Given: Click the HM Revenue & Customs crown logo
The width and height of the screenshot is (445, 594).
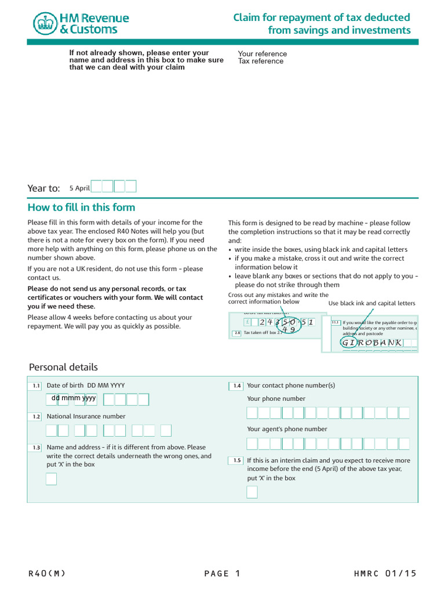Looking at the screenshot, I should (x=44, y=23).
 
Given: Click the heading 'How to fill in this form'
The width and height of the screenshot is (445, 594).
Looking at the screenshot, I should (x=81, y=208).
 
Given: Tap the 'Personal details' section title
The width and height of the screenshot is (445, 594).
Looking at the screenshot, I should (x=63, y=367).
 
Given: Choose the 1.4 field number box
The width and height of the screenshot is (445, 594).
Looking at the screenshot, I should (x=236, y=386).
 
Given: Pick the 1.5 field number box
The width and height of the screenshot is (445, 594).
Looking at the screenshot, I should (x=236, y=461).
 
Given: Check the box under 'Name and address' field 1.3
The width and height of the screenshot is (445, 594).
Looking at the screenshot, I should (x=52, y=479).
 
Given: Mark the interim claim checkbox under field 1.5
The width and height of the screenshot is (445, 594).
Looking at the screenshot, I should (x=252, y=492).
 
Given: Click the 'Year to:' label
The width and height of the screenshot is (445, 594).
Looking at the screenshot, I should (x=44, y=188).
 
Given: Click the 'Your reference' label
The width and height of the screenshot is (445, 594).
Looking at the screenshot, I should (x=262, y=54).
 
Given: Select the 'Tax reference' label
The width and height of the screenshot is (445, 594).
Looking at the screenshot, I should (x=261, y=61).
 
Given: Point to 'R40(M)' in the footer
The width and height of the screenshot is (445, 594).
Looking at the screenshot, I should (x=47, y=574).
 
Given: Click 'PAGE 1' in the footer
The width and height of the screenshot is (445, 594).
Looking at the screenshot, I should (x=222, y=574).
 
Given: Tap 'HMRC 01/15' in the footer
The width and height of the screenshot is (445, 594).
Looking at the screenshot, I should (x=385, y=574).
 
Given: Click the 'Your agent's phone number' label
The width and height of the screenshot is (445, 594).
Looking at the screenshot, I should (x=287, y=429).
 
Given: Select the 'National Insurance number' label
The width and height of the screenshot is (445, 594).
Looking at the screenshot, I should (x=86, y=416).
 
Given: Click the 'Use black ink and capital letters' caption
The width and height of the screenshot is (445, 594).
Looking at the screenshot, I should (x=371, y=303).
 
